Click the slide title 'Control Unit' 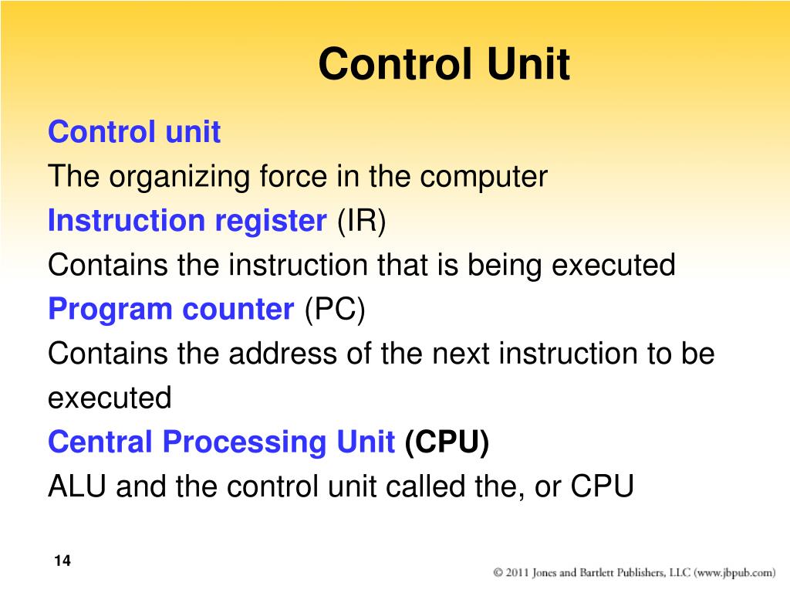[444, 63]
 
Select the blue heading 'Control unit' [134, 131]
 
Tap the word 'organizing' [179, 178]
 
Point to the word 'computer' [484, 178]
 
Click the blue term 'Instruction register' [187, 221]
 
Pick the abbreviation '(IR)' [361, 221]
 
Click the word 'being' [505, 266]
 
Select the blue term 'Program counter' [170, 310]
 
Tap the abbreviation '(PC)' [335, 309]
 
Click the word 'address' [282, 353]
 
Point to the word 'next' [461, 354]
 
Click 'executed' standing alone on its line [110, 398]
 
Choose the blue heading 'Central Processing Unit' [221, 442]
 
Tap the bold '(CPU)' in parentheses [447, 442]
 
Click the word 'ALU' [77, 486]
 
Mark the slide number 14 [62, 561]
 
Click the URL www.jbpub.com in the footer [734, 573]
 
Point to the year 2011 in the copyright [517, 573]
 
